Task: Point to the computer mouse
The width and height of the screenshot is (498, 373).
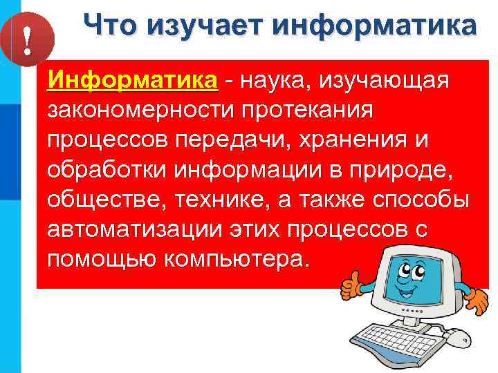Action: coord(454,336)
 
